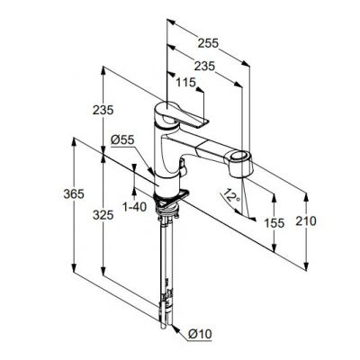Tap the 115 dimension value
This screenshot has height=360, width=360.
point(185,84)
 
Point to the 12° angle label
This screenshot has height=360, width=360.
point(231,194)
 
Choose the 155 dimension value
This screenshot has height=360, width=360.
point(275,222)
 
